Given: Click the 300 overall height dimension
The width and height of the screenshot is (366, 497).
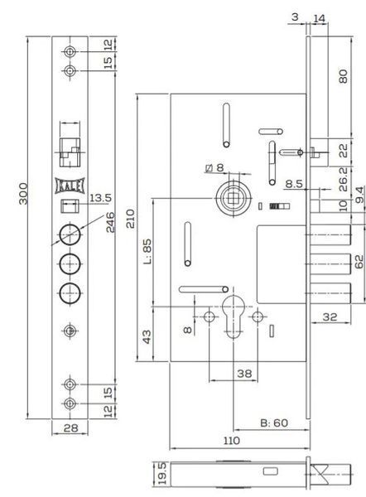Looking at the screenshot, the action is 23,194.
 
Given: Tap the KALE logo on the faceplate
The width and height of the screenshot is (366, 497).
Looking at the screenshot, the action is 70,186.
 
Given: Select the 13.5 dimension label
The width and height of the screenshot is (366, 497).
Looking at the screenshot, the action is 100,198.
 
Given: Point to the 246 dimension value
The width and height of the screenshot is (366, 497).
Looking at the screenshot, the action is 110,222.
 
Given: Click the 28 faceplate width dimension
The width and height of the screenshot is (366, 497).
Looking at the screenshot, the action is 70,428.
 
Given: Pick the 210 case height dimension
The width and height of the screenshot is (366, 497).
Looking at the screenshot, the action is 131,219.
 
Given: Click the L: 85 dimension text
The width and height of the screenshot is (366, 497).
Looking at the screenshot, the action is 147,252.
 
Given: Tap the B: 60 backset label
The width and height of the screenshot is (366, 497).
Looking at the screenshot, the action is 274,422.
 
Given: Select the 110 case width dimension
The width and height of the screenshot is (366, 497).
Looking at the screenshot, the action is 232,441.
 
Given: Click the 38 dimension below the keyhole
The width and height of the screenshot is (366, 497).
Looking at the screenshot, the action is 244,374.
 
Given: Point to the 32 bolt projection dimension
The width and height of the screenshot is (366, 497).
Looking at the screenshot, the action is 330,316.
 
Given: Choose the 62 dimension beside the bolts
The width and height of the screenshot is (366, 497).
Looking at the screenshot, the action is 359,262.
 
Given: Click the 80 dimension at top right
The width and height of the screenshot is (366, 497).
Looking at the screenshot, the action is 343,76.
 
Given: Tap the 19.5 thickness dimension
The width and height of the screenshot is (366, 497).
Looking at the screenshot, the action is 162,473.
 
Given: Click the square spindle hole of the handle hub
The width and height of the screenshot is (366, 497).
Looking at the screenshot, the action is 234,199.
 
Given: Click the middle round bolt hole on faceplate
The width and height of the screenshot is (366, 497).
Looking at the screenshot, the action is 70,263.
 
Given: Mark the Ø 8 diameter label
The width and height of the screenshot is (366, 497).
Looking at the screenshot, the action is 214,167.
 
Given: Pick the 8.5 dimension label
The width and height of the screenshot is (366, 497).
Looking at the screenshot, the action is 294,184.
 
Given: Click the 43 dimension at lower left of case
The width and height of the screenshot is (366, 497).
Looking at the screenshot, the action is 147,336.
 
